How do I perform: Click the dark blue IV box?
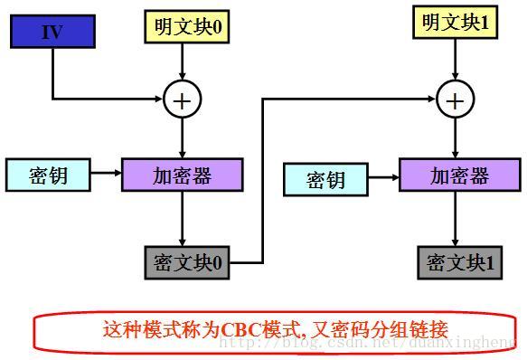(x=52, y=33)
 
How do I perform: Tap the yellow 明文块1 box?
(x=455, y=23)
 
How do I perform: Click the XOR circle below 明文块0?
(x=183, y=99)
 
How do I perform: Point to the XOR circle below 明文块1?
(x=455, y=99)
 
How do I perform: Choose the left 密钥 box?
(x=48, y=175)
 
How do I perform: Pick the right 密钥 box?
(x=325, y=179)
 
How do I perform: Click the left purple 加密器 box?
(x=183, y=175)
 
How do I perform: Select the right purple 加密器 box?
(x=459, y=175)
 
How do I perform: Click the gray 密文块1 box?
(x=459, y=262)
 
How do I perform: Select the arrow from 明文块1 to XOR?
(x=455, y=59)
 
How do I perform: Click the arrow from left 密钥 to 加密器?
(x=107, y=175)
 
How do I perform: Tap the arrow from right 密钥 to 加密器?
(x=383, y=177)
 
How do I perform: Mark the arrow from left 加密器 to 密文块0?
(x=183, y=217)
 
